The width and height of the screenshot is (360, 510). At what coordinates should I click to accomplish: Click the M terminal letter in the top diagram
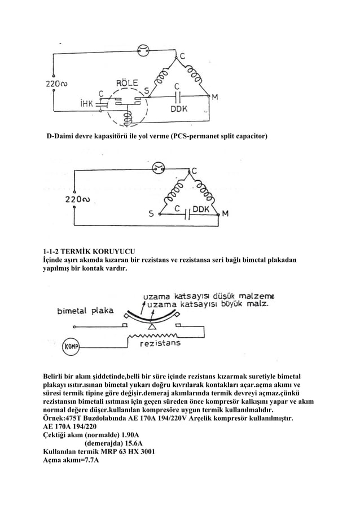(215, 96)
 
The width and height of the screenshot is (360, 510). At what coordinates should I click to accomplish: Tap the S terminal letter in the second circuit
(151, 214)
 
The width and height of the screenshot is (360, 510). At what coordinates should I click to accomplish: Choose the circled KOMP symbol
(70, 346)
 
